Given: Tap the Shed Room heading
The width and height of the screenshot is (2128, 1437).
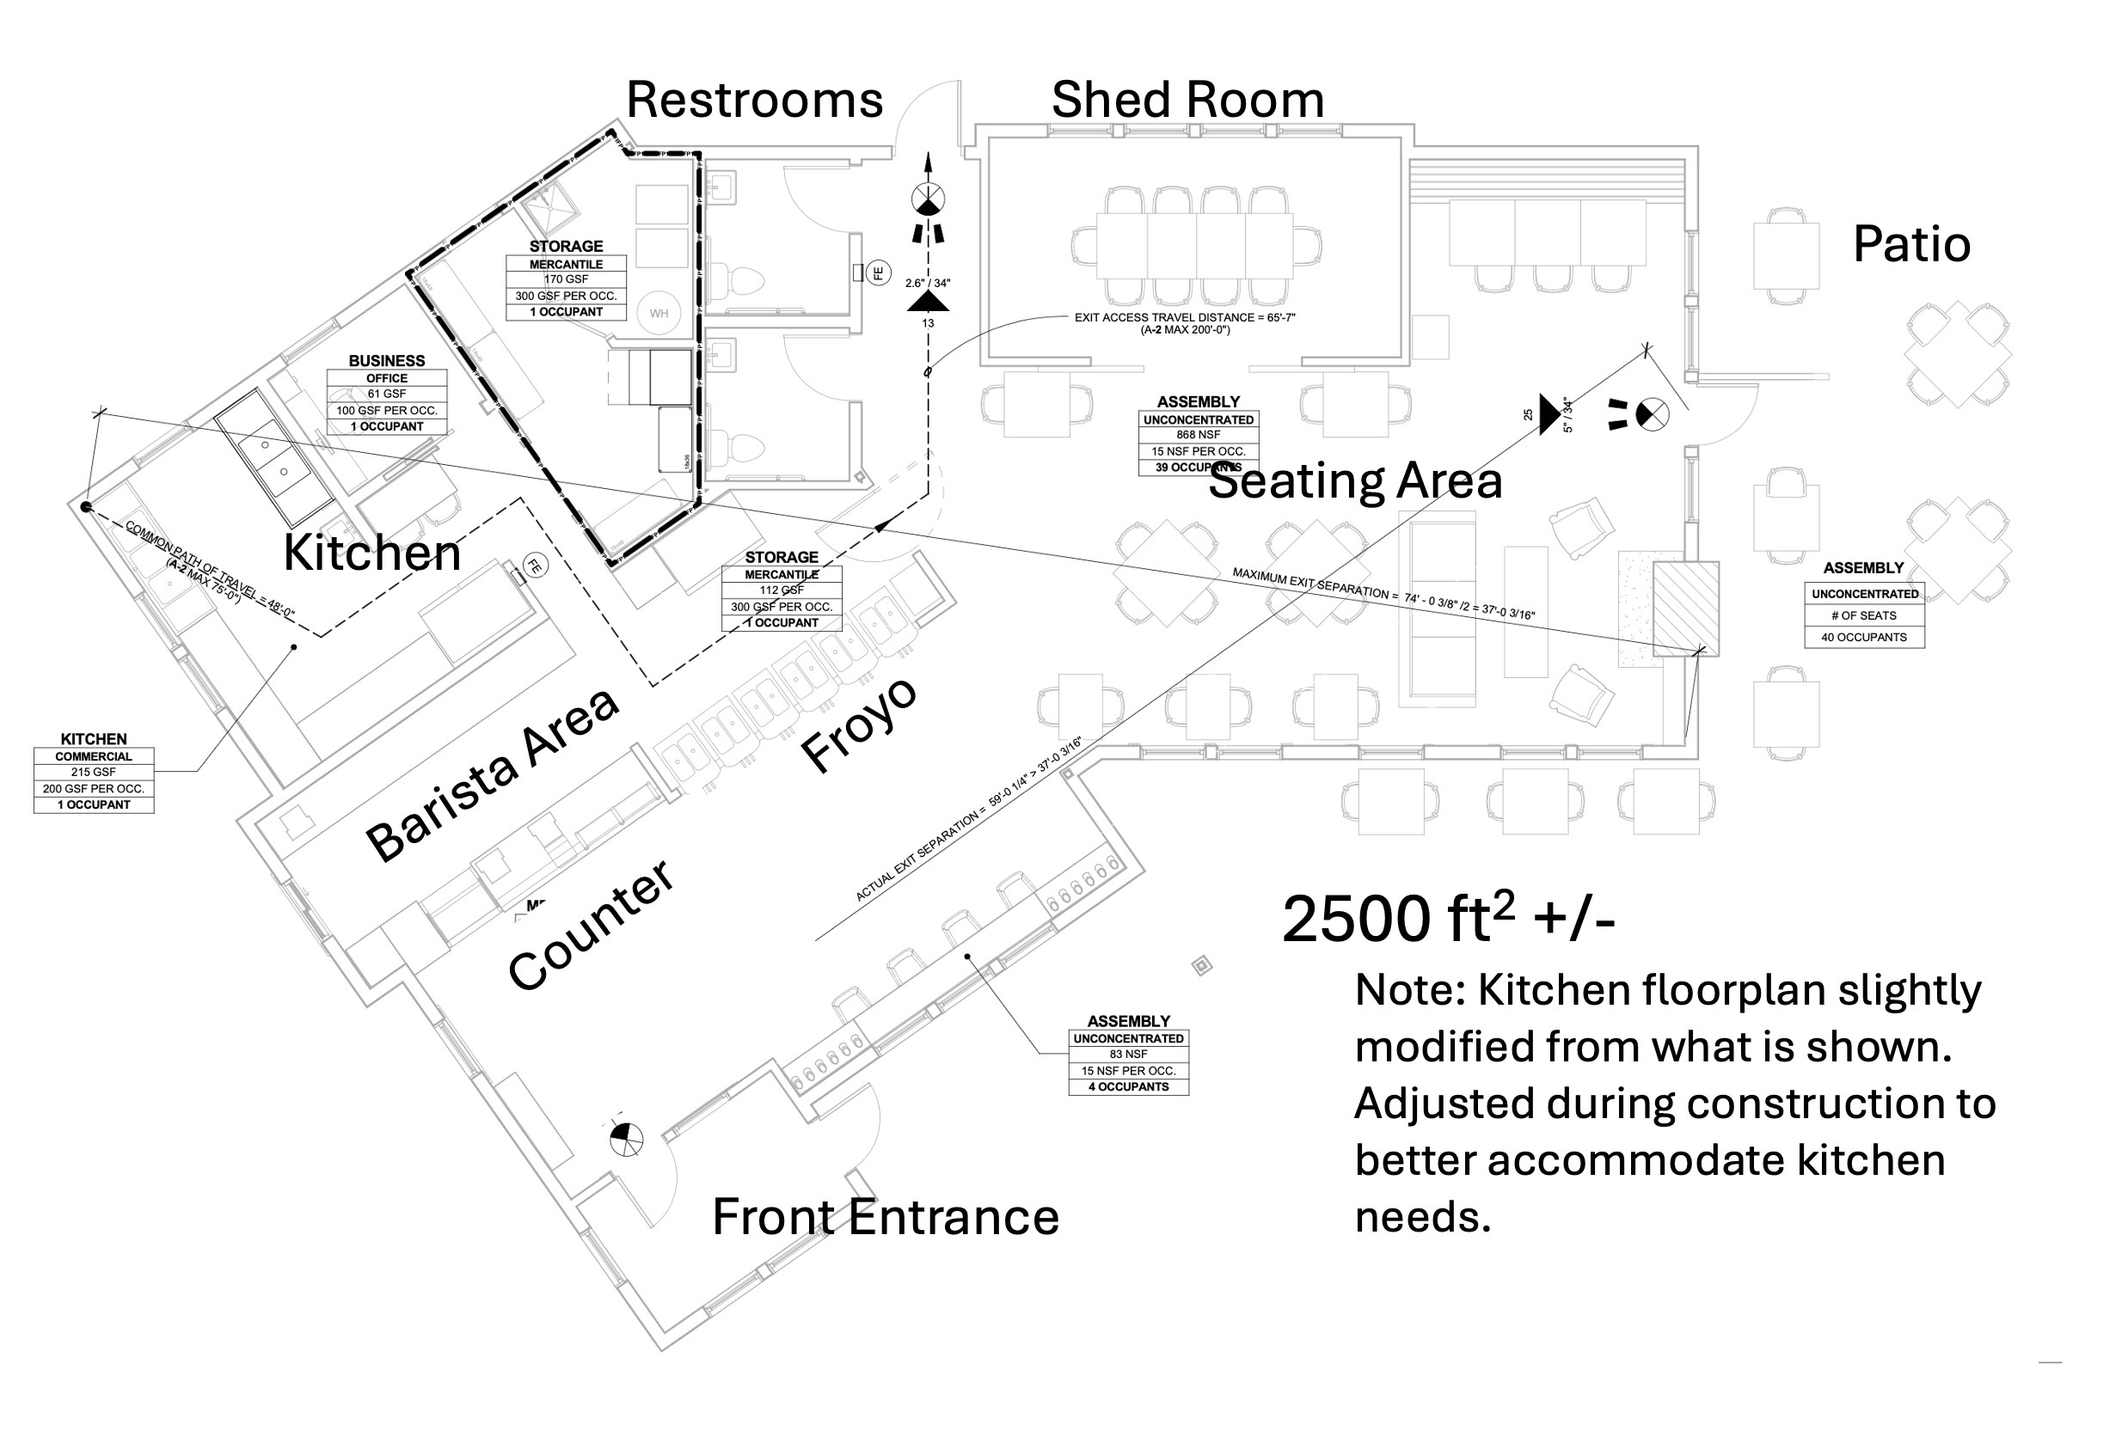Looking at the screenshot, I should [1187, 100].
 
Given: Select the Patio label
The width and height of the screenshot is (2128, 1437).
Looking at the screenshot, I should [1911, 244].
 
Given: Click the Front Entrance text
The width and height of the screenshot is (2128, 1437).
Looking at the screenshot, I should [885, 1217].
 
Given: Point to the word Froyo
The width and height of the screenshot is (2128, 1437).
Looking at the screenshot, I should [858, 724].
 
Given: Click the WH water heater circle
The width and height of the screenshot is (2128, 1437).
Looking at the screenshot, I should [659, 313].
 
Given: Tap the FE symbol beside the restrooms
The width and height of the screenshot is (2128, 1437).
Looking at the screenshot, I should [877, 272].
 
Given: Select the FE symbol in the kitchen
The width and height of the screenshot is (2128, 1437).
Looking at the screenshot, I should [534, 566].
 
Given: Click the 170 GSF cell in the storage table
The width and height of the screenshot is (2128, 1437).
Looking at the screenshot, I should [566, 279].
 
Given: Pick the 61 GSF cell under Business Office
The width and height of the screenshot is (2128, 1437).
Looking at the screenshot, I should [386, 394].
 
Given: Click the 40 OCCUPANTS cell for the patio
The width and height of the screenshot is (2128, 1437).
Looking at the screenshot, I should [1863, 637].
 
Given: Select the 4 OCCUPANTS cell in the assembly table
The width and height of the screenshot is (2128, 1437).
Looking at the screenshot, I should [1128, 1086].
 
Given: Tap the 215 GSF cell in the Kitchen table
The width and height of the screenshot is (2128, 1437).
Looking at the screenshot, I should [94, 772].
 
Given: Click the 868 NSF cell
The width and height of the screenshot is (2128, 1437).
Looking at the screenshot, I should [1198, 435].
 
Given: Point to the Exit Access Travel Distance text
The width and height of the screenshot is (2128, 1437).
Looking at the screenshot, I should [1184, 318].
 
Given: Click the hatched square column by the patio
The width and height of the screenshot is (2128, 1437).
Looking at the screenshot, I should [1685, 608].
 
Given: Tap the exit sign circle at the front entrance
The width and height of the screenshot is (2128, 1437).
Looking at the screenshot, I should [626, 1140].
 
